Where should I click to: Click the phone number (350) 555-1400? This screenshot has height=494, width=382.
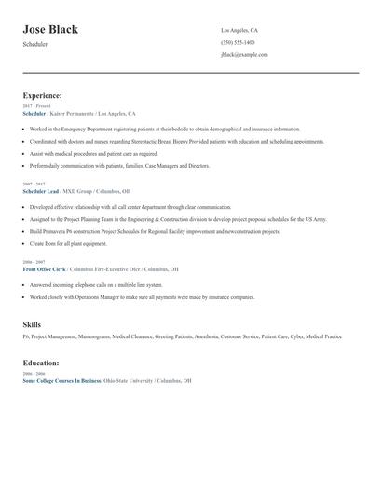tap(237, 43)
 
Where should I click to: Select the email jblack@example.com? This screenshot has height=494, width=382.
tap(244, 55)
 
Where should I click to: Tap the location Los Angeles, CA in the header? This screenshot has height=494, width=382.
tap(239, 31)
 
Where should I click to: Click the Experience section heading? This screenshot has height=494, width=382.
tap(42, 95)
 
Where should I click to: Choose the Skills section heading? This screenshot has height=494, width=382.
tap(32, 324)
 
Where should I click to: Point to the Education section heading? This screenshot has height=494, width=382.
tap(41, 363)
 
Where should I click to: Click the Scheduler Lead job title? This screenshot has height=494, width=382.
tap(40, 190)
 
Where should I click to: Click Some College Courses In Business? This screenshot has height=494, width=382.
tap(61, 381)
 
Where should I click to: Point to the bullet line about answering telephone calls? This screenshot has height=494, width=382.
tap(95, 285)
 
